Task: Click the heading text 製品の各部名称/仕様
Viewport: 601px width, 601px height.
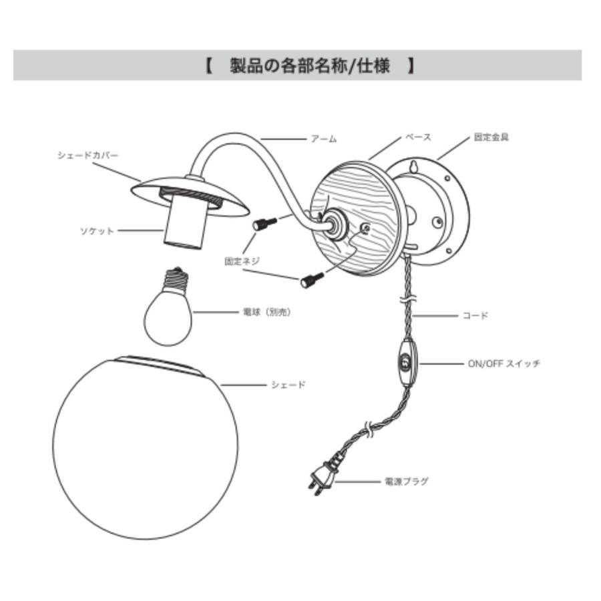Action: click(310, 65)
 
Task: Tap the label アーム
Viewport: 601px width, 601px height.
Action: click(324, 139)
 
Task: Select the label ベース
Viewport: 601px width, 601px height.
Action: click(418, 137)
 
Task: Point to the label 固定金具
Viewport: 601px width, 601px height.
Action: click(491, 137)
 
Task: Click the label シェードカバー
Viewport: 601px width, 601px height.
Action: click(87, 155)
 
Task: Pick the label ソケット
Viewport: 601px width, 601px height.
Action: click(97, 231)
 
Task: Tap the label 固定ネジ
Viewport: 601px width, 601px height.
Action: click(242, 261)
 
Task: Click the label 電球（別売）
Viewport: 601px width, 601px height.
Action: click(267, 312)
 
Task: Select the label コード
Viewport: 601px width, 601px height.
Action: click(475, 315)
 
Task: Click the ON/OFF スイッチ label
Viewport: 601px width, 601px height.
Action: click(504, 363)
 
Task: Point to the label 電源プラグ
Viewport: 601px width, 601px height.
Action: click(406, 481)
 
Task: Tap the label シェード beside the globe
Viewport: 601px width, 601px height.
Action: click(288, 385)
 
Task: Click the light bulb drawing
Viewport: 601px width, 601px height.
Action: click(168, 307)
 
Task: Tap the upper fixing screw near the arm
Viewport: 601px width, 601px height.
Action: click(264, 224)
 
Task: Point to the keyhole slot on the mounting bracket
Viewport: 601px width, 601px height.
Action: click(414, 166)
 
